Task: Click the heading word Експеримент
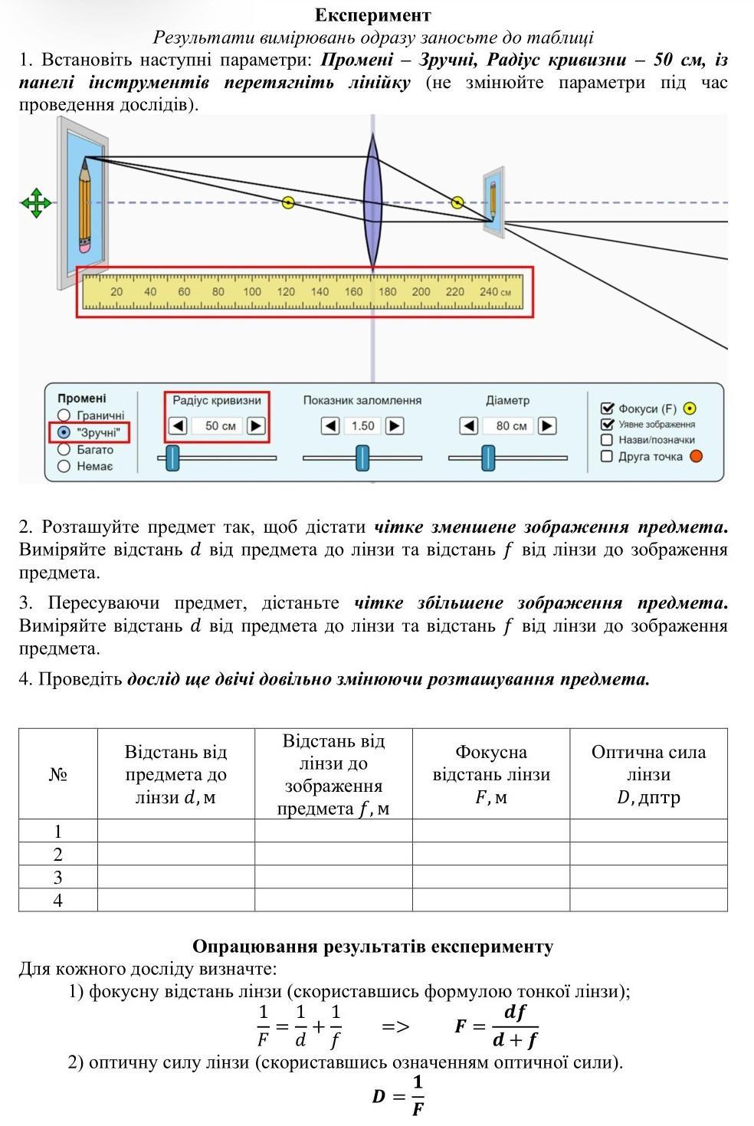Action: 372,15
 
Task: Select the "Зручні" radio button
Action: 64,432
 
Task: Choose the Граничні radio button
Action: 64,415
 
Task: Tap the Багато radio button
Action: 64,450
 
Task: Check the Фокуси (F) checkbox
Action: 608,409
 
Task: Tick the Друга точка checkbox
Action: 608,457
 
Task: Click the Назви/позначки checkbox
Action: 608,440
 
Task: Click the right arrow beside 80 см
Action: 547,425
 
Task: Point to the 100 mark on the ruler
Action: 252,292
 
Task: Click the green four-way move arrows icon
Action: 36,203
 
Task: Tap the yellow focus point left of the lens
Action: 288,202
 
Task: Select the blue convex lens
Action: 372,201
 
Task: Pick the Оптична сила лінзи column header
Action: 648,774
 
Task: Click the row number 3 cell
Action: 58,878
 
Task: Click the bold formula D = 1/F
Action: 398,1095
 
